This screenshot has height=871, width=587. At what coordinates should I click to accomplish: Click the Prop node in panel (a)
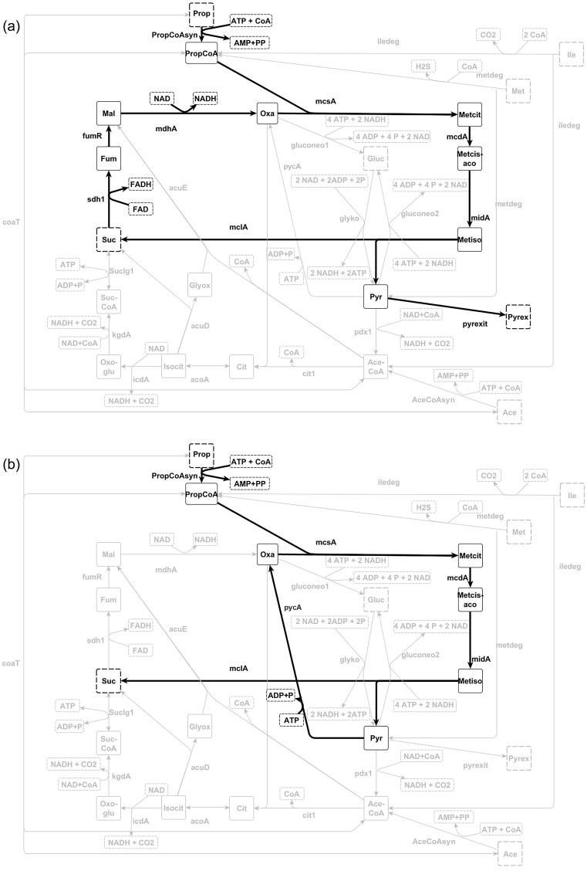click(x=201, y=13)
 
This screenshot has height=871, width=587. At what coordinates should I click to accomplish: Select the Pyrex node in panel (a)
click(x=518, y=317)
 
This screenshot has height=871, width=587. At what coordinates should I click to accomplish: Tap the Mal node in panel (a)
click(x=109, y=114)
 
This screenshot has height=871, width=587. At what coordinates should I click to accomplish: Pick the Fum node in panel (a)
click(x=109, y=160)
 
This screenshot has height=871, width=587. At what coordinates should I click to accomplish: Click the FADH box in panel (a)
click(x=141, y=184)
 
